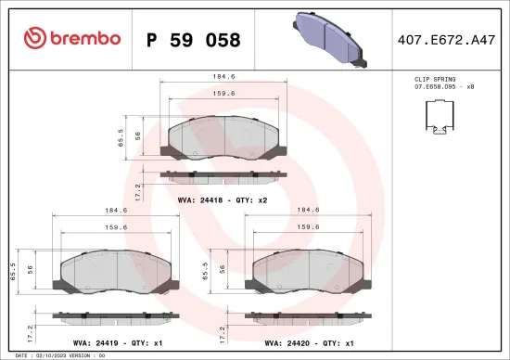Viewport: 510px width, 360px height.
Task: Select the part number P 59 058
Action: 194,40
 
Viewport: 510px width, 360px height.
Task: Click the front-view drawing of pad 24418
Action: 225,138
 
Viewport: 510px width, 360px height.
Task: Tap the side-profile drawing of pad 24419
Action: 117,317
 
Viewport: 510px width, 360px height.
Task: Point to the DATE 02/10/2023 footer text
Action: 56,354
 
